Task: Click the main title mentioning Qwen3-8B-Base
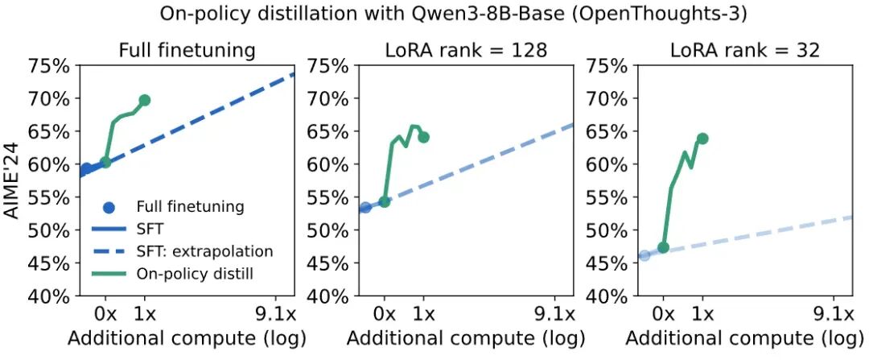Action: point(434,14)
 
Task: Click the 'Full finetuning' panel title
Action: point(187,50)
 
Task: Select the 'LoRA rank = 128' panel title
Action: point(465,50)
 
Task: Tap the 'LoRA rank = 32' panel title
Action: point(745,50)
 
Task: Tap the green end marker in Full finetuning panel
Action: point(145,101)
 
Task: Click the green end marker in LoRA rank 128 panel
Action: point(424,137)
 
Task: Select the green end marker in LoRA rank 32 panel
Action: point(702,139)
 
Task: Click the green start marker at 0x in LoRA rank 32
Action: point(663,247)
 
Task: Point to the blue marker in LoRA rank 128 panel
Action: point(365,207)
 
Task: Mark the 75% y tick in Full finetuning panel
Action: point(50,66)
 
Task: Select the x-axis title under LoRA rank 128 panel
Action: point(465,338)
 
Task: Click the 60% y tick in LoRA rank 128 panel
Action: point(329,164)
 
